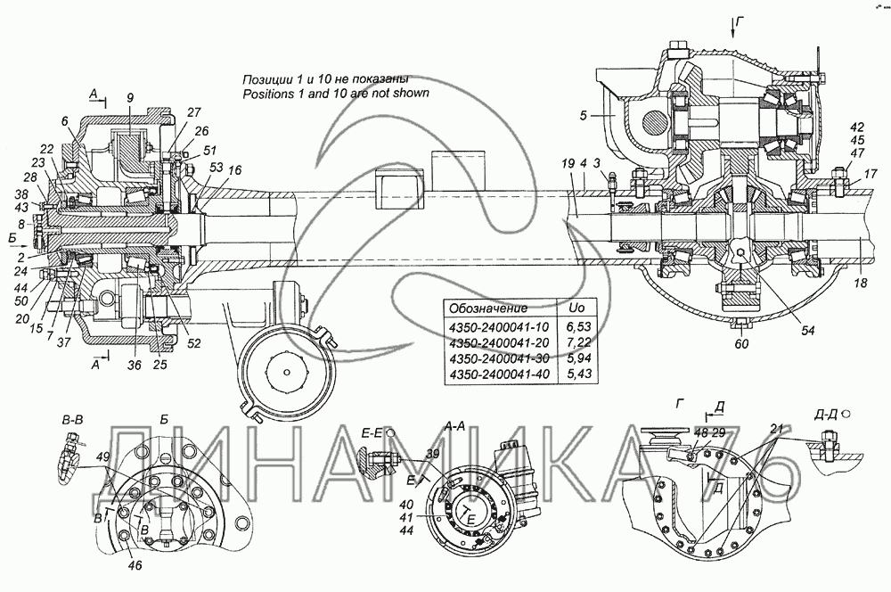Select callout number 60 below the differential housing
tap(741, 343)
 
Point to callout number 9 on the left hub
tap(130, 98)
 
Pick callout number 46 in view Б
tap(135, 565)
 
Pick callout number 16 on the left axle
tap(235, 169)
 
